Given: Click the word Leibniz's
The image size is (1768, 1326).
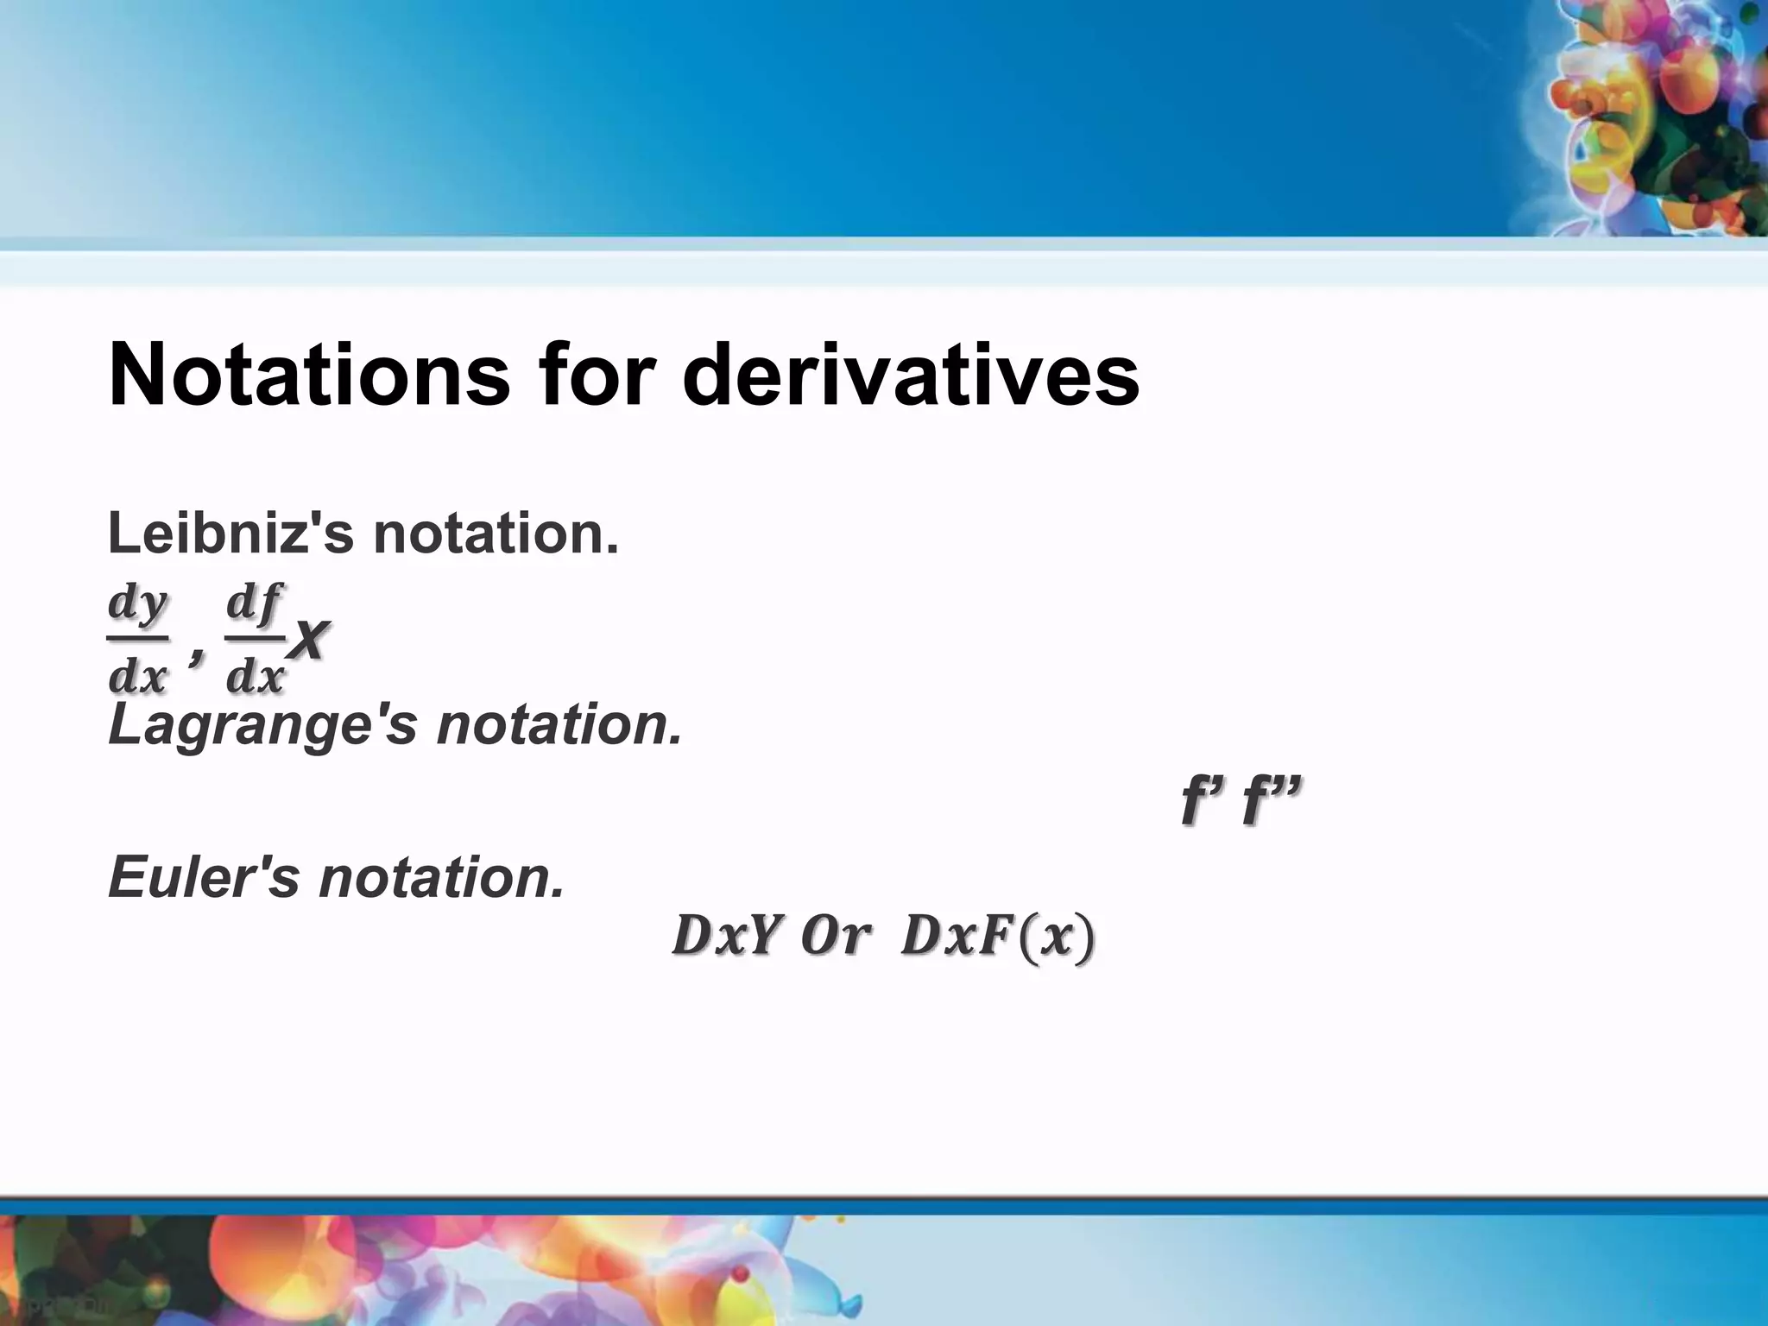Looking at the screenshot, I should point(230,534).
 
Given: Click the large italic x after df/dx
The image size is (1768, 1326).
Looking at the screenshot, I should point(308,641).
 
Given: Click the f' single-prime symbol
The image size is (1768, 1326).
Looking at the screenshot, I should point(1203,801).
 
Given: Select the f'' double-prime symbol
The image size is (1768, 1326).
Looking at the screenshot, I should point(1270,801).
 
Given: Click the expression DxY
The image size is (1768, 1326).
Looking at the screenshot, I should point(727,937).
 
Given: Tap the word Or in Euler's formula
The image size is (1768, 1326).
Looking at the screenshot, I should point(833,937).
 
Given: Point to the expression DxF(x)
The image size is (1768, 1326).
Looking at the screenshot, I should point(997,937).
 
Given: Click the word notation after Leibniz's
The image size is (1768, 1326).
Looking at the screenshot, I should point(496,534).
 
